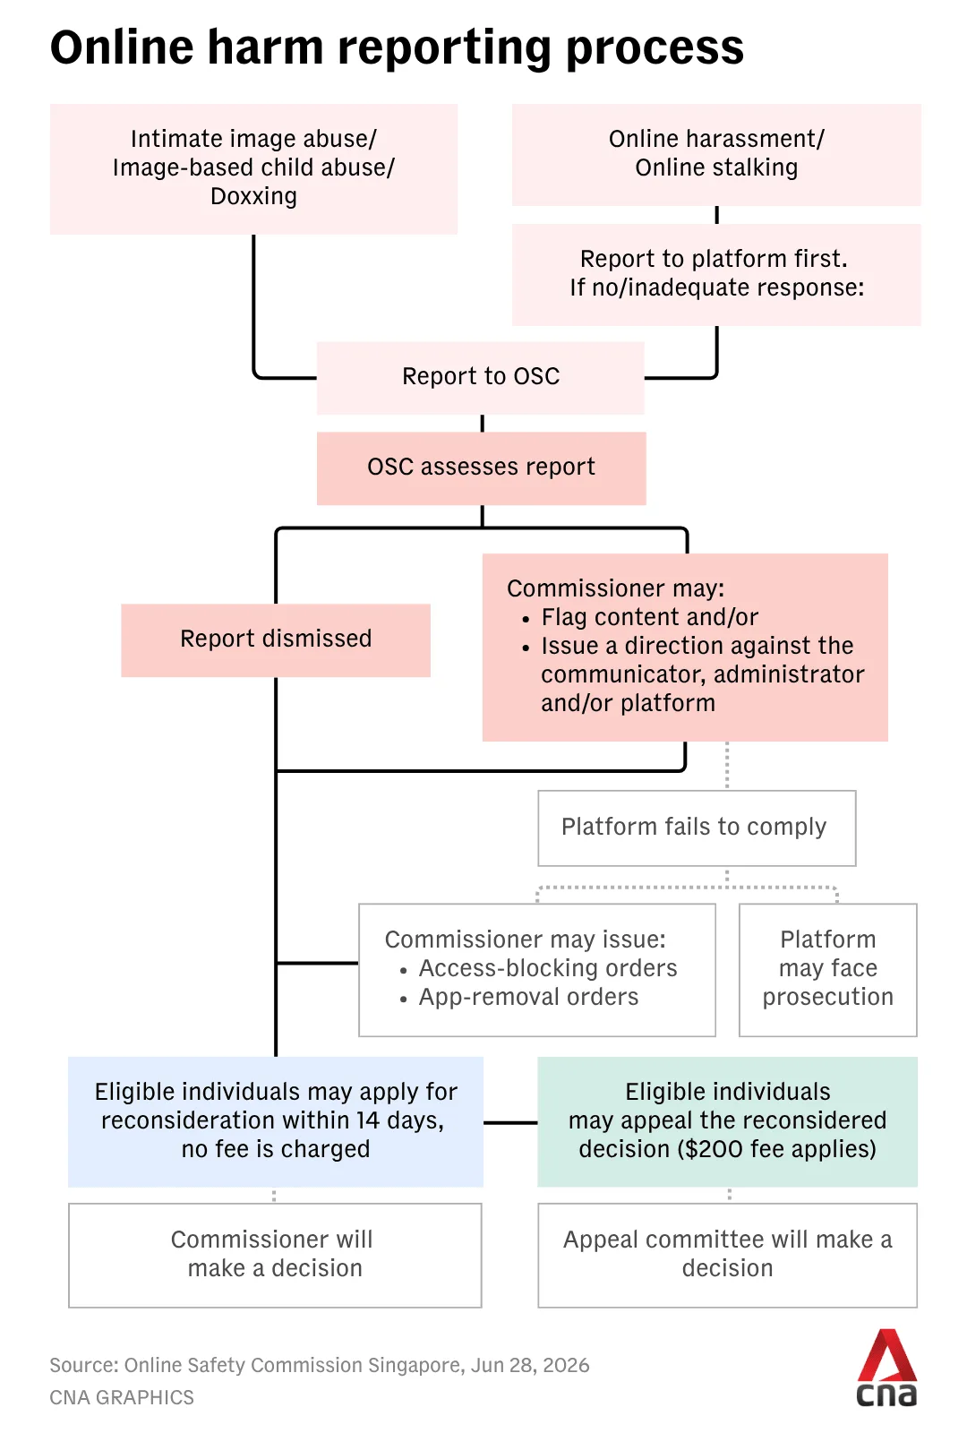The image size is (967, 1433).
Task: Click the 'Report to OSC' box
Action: pyautogui.click(x=480, y=377)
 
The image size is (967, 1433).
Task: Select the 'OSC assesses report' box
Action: pyautogui.click(x=481, y=468)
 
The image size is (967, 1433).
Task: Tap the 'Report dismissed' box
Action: pyautogui.click(x=276, y=639)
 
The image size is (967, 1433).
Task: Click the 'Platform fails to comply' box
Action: pyautogui.click(x=697, y=828)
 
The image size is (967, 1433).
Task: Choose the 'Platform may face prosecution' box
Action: pyautogui.click(x=827, y=969)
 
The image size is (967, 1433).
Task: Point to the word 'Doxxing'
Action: pyautogui.click(x=254, y=196)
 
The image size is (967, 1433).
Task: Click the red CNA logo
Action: pyautogui.click(x=887, y=1369)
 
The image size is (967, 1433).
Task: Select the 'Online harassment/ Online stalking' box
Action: pyautogui.click(x=716, y=155)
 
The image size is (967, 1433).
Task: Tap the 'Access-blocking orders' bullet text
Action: pyautogui.click(x=548, y=968)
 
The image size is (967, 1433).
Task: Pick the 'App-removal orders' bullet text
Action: pyautogui.click(x=529, y=998)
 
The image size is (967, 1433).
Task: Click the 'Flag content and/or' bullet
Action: pyautogui.click(x=650, y=617)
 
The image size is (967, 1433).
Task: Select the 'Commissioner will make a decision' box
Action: pyautogui.click(x=275, y=1255)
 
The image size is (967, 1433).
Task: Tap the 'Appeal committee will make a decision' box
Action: pyautogui.click(x=728, y=1255)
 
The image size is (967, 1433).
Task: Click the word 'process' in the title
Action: pyautogui.click(x=655, y=48)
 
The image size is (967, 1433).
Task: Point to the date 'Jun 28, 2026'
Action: pyautogui.click(x=530, y=1365)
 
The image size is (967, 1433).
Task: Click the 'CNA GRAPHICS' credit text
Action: pyautogui.click(x=122, y=1398)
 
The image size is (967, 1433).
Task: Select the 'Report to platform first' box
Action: pyautogui.click(x=716, y=274)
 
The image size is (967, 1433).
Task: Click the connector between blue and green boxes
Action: pyautogui.click(x=510, y=1122)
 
